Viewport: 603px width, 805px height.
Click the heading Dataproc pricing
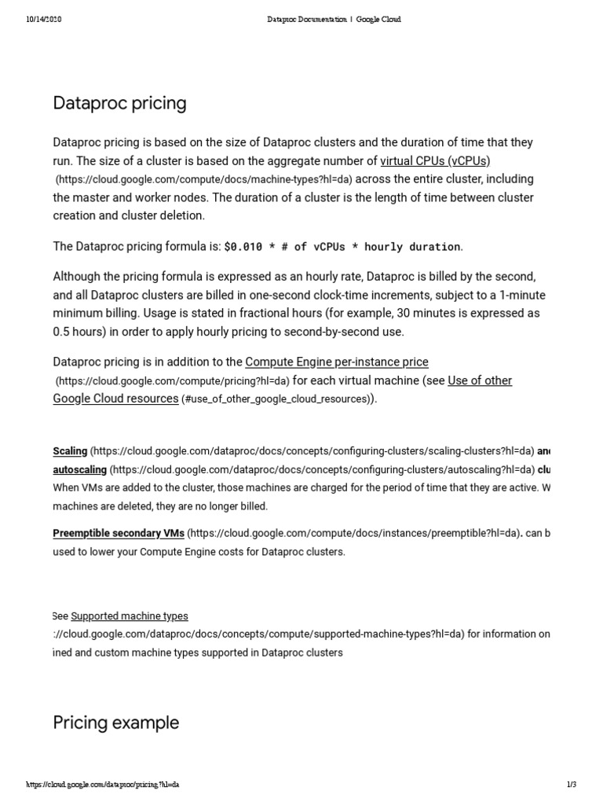coord(119,103)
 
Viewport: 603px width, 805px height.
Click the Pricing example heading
coord(115,722)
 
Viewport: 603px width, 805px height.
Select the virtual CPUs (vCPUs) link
coord(435,161)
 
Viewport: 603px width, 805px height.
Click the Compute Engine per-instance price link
coord(337,362)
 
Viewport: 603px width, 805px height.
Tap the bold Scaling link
coord(70,451)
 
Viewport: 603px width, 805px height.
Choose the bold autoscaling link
coord(79,469)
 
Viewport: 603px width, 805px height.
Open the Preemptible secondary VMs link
coord(119,533)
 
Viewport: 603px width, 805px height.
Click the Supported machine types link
coord(130,616)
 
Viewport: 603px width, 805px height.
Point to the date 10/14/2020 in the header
coord(43,19)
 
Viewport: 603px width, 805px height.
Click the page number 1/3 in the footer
coord(571,785)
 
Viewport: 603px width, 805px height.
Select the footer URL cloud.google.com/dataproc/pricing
coord(103,785)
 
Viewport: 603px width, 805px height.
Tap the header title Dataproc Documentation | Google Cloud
coord(334,19)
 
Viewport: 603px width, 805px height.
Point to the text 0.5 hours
coord(80,331)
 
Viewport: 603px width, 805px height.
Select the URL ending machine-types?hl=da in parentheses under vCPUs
coord(203,180)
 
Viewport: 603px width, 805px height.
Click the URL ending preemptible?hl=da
coord(354,533)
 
